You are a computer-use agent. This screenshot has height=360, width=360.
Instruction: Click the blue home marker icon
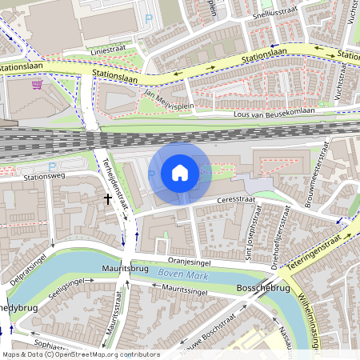pos(180,173)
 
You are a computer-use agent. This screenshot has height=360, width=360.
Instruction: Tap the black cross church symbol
pos(108,197)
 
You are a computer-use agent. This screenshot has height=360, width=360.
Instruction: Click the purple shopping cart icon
pos(37,84)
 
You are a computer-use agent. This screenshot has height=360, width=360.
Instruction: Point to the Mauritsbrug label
pos(122,268)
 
